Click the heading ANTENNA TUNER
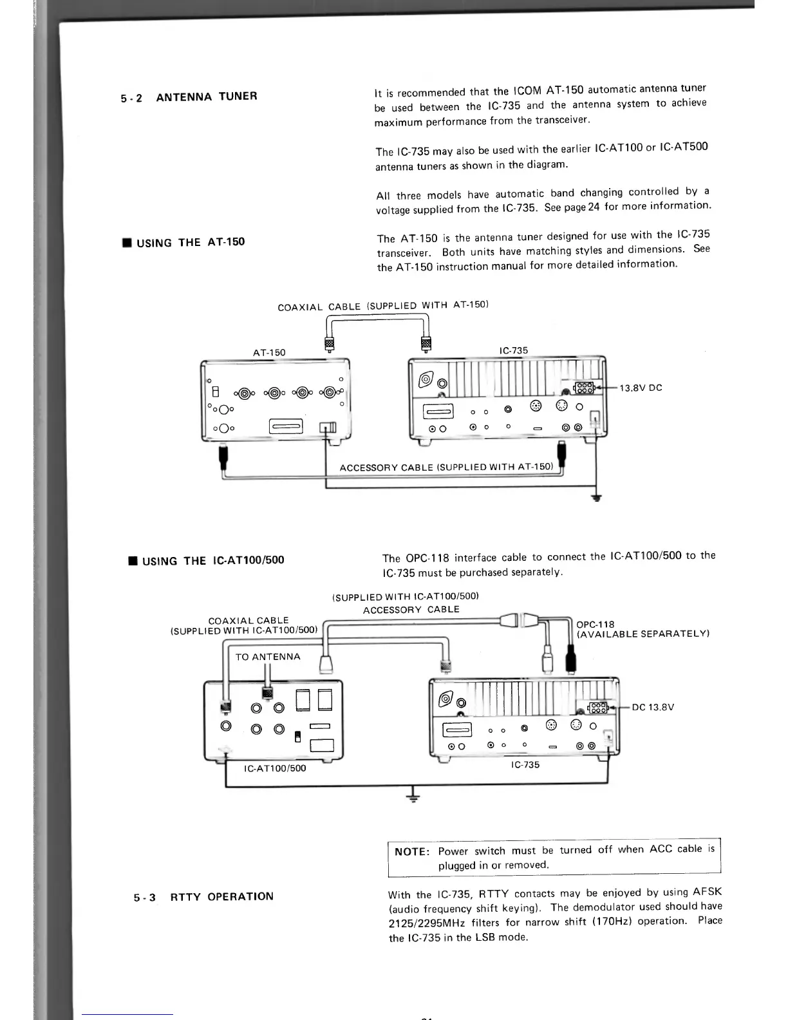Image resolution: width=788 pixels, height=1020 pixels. (x=206, y=97)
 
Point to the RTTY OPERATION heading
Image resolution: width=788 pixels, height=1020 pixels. (x=221, y=896)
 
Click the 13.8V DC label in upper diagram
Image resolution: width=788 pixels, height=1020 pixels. (x=641, y=388)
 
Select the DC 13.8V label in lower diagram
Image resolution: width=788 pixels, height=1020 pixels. (x=653, y=707)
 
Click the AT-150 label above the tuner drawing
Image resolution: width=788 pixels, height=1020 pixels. (x=269, y=352)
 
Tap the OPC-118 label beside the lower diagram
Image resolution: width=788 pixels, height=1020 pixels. (x=596, y=625)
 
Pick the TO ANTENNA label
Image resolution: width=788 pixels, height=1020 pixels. (x=268, y=657)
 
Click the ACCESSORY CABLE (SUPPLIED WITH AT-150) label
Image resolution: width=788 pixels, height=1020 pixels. (x=446, y=467)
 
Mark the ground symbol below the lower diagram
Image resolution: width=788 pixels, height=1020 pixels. (x=412, y=798)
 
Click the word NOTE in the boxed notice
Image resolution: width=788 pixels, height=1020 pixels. (x=411, y=851)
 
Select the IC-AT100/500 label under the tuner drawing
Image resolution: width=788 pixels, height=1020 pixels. (x=275, y=768)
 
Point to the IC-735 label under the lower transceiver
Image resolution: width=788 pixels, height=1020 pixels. (x=525, y=765)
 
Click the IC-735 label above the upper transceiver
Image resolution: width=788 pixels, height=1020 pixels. (x=514, y=350)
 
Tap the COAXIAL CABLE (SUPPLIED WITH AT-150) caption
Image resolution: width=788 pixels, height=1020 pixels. (x=383, y=306)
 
